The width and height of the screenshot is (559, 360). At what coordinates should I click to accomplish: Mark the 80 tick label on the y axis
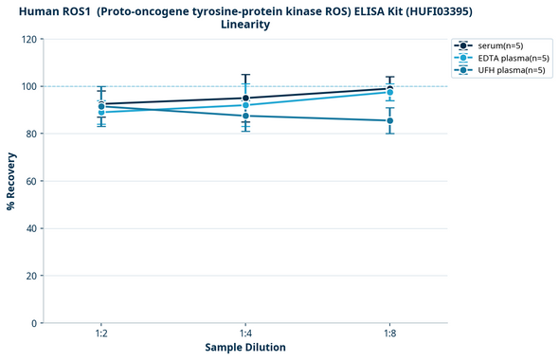(30, 134)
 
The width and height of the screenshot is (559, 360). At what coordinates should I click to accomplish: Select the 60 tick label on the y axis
(30, 181)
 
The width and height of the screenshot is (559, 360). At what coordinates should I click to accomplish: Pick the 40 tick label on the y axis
(30, 228)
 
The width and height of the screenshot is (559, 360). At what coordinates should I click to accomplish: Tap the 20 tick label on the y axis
(30, 276)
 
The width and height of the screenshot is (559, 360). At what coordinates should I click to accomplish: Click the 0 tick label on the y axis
(33, 323)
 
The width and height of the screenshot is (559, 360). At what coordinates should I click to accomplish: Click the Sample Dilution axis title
(245, 348)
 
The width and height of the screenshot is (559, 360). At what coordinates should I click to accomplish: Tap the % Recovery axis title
(11, 181)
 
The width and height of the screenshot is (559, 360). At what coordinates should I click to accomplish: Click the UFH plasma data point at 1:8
(389, 120)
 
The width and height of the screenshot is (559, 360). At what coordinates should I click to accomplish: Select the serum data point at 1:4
(245, 98)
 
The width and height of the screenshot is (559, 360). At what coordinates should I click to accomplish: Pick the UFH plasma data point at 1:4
(245, 116)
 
